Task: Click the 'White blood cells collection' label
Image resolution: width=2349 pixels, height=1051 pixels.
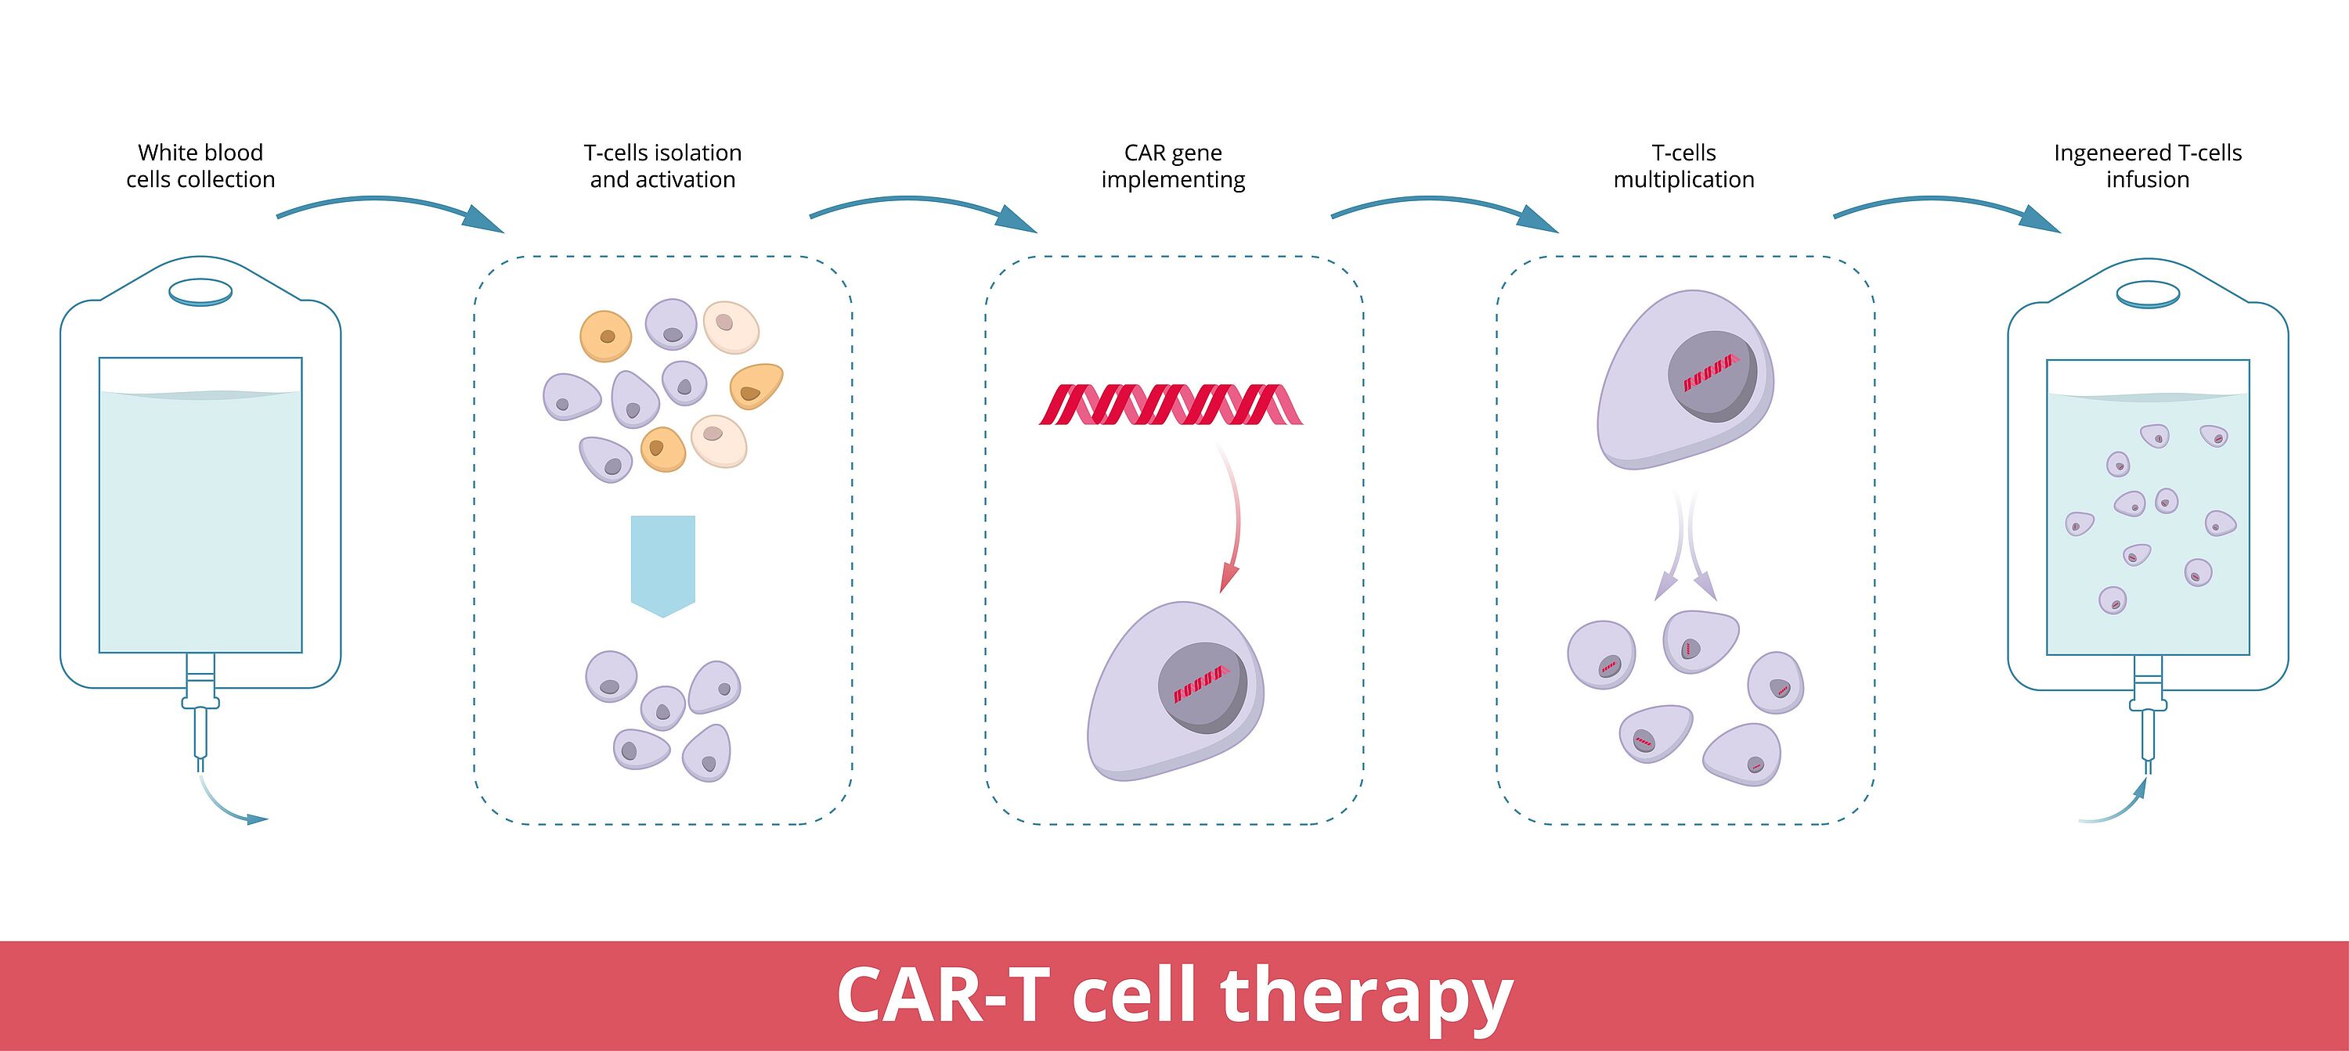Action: pos(200,166)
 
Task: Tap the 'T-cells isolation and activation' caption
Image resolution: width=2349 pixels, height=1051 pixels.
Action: pos(663,166)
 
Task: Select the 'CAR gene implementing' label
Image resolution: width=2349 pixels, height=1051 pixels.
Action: pos(1173,166)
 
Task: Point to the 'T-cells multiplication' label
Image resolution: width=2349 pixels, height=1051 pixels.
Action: pos(1683,166)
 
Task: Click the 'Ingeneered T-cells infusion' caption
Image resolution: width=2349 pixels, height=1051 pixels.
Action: pos(2148,166)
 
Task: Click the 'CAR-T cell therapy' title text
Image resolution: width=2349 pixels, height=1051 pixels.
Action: pos(1174,995)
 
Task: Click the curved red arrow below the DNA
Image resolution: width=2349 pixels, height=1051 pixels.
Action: pos(1234,520)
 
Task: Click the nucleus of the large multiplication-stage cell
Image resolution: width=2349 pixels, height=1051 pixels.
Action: pos(1712,376)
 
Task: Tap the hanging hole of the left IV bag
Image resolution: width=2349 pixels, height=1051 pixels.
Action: pos(200,292)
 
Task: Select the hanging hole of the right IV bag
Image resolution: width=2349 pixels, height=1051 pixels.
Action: pos(2148,294)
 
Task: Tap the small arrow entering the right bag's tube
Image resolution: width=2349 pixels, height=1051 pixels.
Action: pos(2116,807)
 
